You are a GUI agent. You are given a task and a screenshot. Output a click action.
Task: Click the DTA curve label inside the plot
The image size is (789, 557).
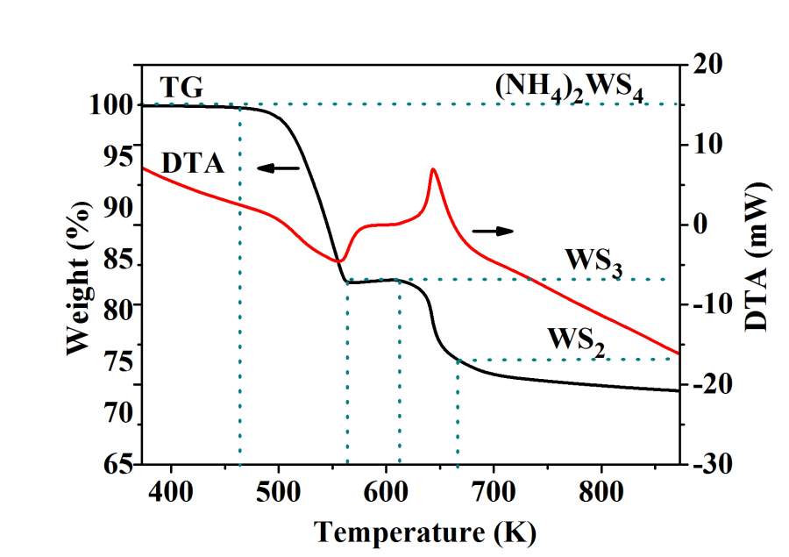[193, 162]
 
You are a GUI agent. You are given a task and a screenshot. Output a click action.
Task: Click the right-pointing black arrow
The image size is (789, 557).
[493, 230]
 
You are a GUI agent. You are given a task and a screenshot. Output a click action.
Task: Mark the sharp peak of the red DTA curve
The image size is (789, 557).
[432, 169]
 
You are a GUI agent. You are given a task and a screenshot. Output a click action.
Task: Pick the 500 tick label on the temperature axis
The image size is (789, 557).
[278, 489]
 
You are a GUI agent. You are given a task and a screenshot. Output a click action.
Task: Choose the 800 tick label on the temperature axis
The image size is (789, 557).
[601, 489]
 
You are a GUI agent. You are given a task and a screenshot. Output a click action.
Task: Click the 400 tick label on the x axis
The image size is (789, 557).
[170, 489]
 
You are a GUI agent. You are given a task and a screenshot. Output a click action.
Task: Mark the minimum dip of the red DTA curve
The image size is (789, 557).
[338, 261]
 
